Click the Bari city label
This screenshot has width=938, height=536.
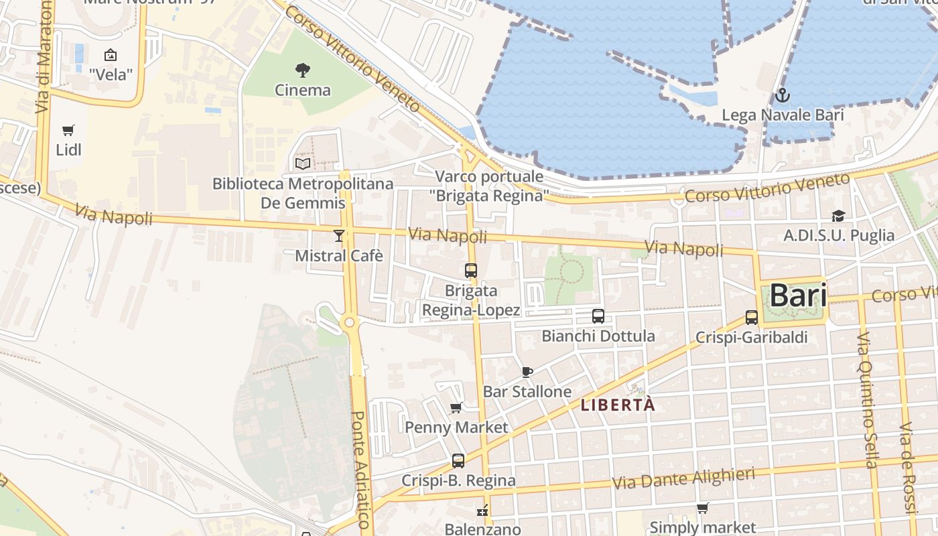point(797,295)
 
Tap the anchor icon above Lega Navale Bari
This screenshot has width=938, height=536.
point(782,95)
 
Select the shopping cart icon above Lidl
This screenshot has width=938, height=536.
point(68,130)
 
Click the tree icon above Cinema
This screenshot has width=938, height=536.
point(303,69)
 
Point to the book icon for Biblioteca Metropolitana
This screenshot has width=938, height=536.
point(303,163)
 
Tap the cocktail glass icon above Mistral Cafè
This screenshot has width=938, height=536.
point(339,235)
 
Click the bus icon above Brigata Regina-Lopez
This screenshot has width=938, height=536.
point(471,271)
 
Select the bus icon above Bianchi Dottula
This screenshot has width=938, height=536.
point(598,316)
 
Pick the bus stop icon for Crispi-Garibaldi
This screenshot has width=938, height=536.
point(752,318)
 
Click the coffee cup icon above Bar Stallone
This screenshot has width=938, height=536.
point(527,372)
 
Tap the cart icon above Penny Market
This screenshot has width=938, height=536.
point(456,407)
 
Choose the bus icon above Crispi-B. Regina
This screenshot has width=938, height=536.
point(458,461)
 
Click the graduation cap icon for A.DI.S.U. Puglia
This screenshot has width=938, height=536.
point(838,216)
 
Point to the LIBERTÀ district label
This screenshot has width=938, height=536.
point(618,405)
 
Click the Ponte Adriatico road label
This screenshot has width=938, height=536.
point(360,469)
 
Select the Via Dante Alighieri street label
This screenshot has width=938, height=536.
point(683,478)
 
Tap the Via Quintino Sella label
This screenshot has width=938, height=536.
point(868,399)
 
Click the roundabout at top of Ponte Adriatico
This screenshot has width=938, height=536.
point(349,323)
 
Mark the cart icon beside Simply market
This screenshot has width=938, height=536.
point(702,508)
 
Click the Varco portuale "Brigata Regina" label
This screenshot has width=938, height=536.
point(489,186)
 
